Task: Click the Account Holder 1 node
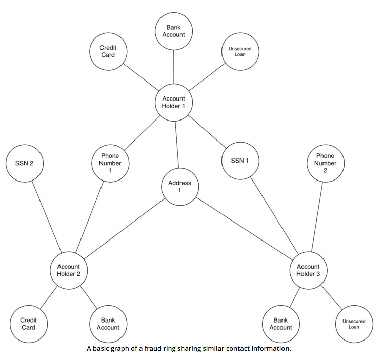[x=174, y=103]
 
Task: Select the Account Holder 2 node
[x=69, y=270]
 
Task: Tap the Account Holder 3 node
[x=308, y=270]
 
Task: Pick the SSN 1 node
[x=240, y=161]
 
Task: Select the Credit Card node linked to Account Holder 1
[x=108, y=51]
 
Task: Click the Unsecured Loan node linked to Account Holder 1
[x=240, y=51]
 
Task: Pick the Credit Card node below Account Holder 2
[x=28, y=324]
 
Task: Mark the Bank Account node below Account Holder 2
[x=108, y=324]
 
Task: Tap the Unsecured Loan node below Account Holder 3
[x=354, y=324]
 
